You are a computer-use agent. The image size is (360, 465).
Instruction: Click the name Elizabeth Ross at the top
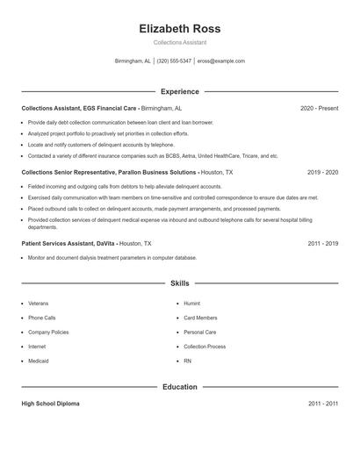coord(180,28)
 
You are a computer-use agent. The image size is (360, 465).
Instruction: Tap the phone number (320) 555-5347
coord(174,61)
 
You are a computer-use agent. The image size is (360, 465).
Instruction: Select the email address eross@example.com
coord(221,61)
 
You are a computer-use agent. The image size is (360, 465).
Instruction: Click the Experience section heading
coord(180,91)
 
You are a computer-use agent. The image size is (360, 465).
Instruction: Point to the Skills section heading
coord(180,283)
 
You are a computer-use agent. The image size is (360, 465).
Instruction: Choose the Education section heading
coord(180,386)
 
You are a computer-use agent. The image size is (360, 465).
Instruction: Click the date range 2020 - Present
coord(319,108)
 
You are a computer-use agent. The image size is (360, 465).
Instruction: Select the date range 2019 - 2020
coord(322,173)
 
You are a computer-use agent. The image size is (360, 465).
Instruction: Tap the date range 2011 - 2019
coord(322,243)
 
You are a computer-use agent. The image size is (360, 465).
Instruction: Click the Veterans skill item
coord(39,304)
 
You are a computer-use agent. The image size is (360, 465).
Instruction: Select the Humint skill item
coord(192,304)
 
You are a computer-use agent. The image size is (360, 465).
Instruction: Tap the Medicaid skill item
coord(39,361)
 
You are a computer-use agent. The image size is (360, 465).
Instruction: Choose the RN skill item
coord(187,361)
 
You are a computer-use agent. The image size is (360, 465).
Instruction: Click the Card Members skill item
coord(200,318)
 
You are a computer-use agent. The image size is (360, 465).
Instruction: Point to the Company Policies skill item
coord(49,333)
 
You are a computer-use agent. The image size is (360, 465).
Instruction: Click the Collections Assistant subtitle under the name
coord(180,43)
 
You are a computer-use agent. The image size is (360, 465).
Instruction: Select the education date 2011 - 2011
coord(322,404)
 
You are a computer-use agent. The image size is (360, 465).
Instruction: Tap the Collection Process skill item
coord(205,347)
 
